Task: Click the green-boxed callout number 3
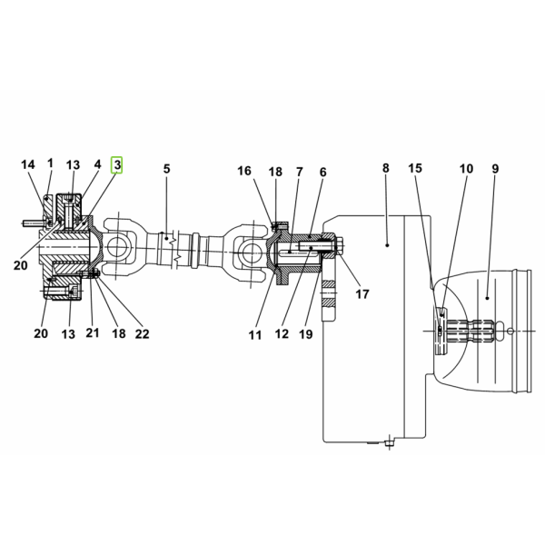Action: click(117, 164)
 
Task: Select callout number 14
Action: click(28, 164)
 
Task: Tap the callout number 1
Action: click(50, 163)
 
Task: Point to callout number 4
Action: click(98, 164)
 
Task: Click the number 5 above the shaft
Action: click(167, 169)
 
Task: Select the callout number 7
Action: click(300, 172)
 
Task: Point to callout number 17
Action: click(362, 294)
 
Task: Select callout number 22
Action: click(143, 333)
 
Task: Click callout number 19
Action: click(306, 334)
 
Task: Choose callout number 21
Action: click(93, 332)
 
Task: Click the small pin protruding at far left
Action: click(31, 223)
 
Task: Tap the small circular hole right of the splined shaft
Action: click(510, 331)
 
